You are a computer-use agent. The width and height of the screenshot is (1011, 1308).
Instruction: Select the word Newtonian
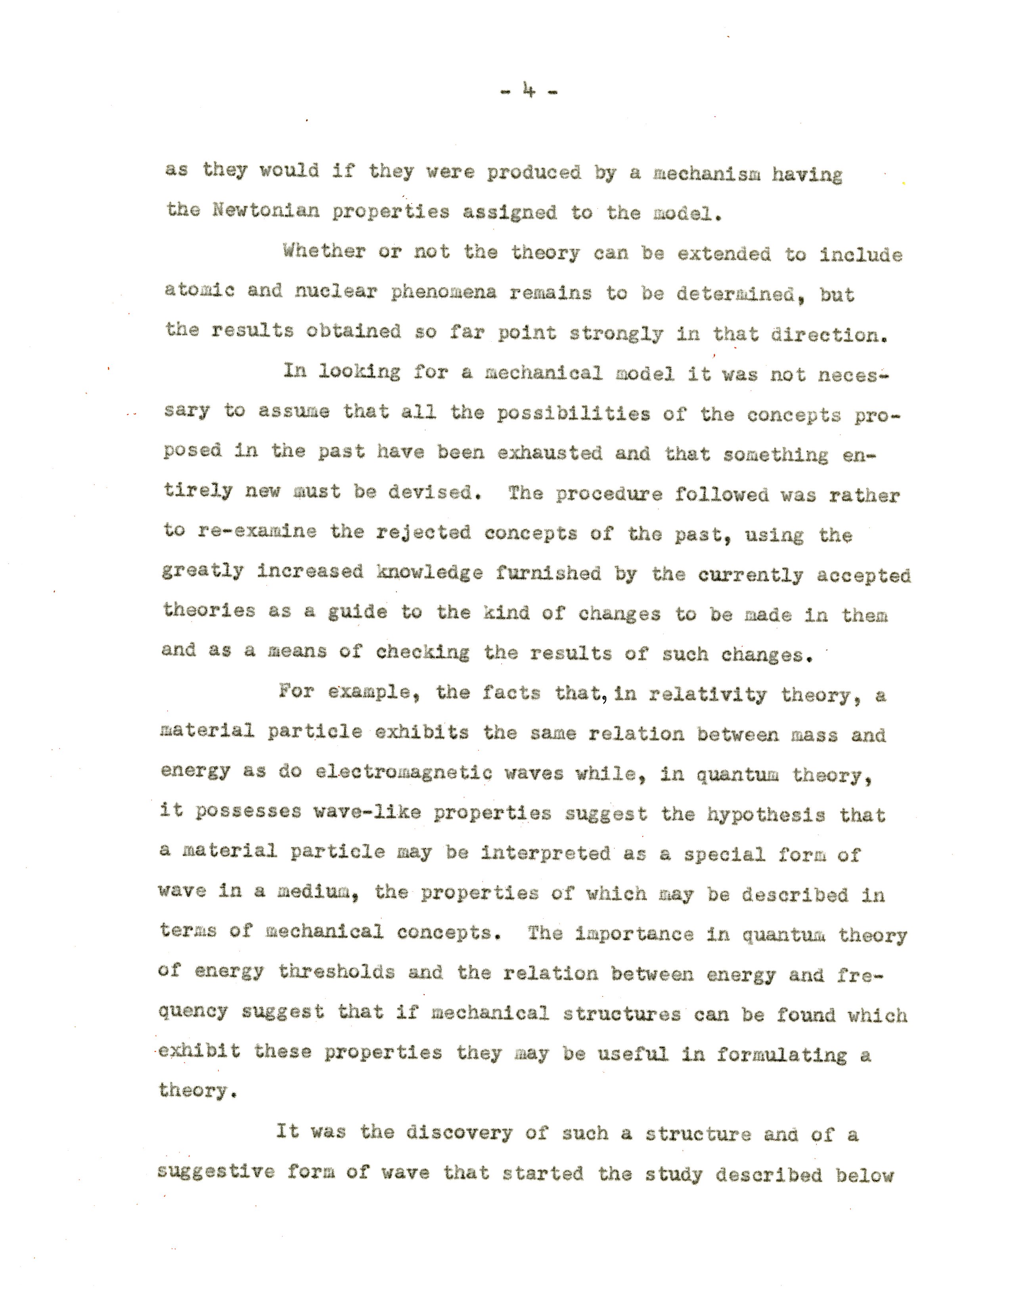point(266,211)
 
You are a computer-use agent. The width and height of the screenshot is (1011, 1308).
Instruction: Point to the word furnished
point(548,573)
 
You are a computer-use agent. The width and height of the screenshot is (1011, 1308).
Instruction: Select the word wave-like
point(367,812)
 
